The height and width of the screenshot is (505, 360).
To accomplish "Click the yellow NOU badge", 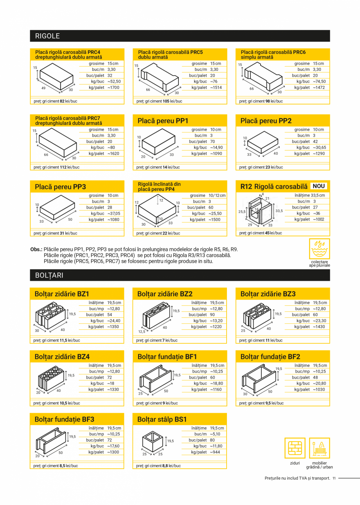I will (319, 186).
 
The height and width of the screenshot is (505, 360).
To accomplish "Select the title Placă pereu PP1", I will (163, 121).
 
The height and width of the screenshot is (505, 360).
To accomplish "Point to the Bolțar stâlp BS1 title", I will (162, 419).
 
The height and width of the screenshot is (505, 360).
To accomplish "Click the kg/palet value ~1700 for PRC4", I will (113, 88).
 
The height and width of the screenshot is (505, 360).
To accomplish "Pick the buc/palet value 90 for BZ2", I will (212, 315).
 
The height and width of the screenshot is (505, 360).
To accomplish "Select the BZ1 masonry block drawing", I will (50, 317).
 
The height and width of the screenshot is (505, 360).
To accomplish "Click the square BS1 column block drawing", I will (152, 442).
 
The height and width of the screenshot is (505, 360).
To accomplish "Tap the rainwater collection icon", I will (319, 248).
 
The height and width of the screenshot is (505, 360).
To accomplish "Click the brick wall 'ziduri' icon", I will (295, 448).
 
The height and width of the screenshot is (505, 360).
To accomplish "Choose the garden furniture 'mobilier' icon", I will (319, 448).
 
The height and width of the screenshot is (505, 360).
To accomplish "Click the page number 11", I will (334, 478).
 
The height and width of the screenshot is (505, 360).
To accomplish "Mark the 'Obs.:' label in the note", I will (36, 249).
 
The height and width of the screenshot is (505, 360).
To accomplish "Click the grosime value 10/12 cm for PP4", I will (217, 195).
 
